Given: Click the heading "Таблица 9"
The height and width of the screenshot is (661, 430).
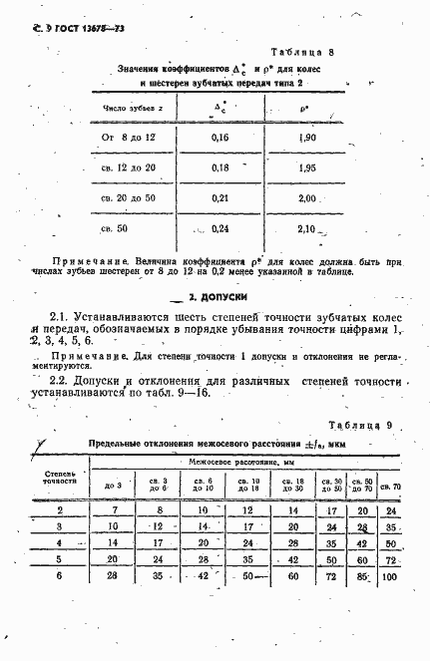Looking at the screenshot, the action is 354,426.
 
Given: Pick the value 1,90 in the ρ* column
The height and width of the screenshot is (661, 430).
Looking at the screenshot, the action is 308,136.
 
